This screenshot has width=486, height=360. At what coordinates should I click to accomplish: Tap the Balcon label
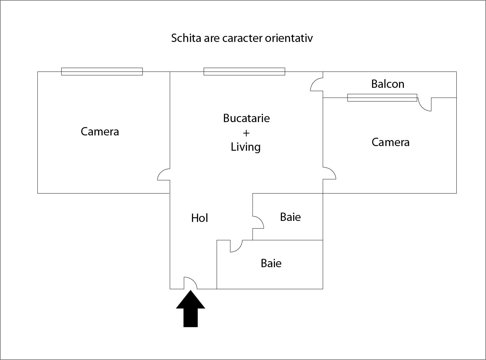[x=388, y=84]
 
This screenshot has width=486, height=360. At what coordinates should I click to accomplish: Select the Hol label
[x=199, y=218]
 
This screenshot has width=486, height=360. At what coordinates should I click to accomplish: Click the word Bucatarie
[x=246, y=118]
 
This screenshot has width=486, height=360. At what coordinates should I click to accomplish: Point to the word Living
[x=246, y=147]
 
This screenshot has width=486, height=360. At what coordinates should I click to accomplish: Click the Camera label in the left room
[x=100, y=131]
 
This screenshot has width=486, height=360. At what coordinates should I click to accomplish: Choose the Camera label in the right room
[x=390, y=142]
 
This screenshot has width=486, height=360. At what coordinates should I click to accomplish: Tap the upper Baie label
[x=290, y=217]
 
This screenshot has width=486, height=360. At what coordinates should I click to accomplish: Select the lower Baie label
[x=271, y=263]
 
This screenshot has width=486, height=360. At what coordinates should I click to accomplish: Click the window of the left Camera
[x=102, y=72]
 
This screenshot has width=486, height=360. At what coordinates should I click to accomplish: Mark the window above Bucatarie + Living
[x=244, y=72]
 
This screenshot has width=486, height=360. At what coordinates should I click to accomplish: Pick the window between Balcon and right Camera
[x=382, y=97]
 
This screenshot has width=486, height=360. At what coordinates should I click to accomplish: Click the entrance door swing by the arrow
[x=190, y=283]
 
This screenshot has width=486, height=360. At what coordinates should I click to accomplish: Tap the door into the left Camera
[x=164, y=174]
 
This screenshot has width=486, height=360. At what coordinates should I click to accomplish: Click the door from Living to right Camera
[x=329, y=173]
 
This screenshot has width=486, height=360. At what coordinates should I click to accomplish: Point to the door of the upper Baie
[x=258, y=222]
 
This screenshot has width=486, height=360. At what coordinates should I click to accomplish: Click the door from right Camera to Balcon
[x=425, y=104]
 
